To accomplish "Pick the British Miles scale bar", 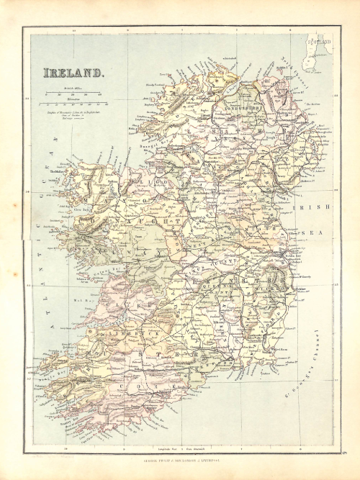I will (71, 91).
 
